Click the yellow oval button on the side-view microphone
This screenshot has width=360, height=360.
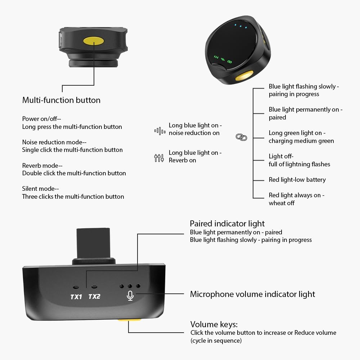pyautogui.click(x=94, y=41)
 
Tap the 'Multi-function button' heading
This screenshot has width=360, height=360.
pyautogui.click(x=61, y=100)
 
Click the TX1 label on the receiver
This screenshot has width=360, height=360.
pyautogui.click(x=76, y=297)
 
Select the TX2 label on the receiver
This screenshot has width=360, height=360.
pyautogui.click(x=94, y=296)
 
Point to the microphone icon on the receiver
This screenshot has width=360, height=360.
pyautogui.click(x=130, y=296)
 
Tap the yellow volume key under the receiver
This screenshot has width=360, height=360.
pyautogui.click(x=130, y=320)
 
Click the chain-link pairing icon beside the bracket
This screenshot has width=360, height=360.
pyautogui.click(x=241, y=137)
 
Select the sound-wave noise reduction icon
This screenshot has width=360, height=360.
pyautogui.click(x=160, y=131)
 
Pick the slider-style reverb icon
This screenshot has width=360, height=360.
pyautogui.click(x=159, y=158)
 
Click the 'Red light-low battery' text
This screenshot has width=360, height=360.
pyautogui.click(x=297, y=180)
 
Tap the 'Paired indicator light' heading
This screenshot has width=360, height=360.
pyautogui.click(x=227, y=224)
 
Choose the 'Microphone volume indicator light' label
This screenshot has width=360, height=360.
pyautogui.click(x=253, y=294)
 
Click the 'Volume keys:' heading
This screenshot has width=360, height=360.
pyautogui.click(x=214, y=324)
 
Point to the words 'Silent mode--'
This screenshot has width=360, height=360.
pyautogui.click(x=40, y=189)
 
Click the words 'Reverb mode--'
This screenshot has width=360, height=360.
pyautogui.click(x=42, y=166)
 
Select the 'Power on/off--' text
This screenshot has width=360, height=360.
pyautogui.click(x=41, y=119)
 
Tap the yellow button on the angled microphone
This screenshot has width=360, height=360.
pyautogui.click(x=244, y=76)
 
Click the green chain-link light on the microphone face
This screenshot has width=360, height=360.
pyautogui.click(x=230, y=62)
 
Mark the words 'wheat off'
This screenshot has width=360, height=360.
pyautogui.click(x=282, y=203)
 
